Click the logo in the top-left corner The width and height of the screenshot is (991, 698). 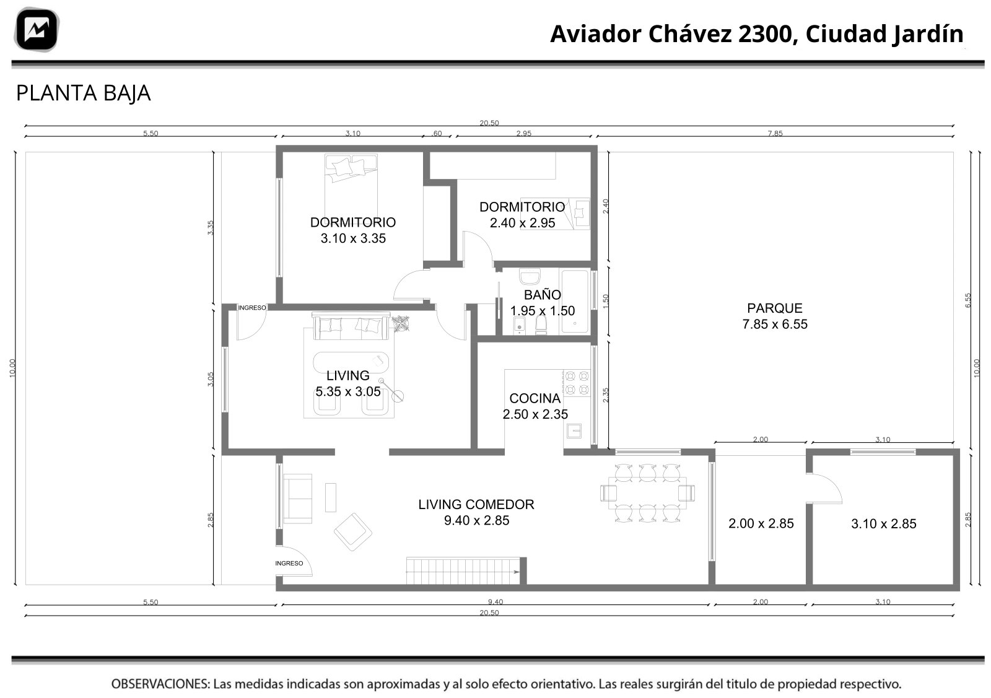pos(37,29)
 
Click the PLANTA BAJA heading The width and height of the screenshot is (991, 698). pos(83,94)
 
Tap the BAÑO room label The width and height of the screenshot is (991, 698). pos(542,295)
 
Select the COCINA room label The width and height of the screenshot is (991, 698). pos(535,398)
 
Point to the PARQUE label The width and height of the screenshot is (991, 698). pos(775,308)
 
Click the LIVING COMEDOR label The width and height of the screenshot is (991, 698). pos(476,504)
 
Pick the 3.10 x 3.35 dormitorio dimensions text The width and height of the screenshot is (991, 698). pos(353,238)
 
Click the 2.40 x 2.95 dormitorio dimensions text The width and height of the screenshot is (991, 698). pos(522,223)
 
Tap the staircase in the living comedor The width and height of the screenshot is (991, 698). pos(463,571)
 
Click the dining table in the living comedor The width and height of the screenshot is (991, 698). pos(647,493)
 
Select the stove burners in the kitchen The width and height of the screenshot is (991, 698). pos(577,383)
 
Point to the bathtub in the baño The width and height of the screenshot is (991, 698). pos(575,301)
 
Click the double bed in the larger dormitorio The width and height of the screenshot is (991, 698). pos(351,186)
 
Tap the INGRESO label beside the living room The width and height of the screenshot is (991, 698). pos(252,308)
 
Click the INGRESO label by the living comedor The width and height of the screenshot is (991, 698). pos(289,563)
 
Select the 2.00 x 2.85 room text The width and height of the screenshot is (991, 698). pos(761,523)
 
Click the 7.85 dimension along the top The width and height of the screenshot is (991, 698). pos(775,133)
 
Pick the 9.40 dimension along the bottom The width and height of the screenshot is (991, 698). pos(495,601)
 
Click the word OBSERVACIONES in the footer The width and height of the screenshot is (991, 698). pos(160,684)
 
